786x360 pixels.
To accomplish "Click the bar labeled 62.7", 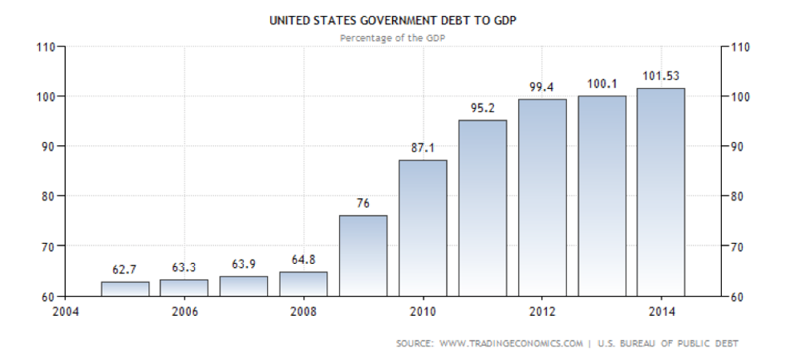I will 124,289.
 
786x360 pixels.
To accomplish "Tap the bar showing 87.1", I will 423,228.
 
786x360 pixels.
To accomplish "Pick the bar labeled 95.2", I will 482,208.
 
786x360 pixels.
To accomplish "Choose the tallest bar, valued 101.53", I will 661,192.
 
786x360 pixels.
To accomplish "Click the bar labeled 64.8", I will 303,284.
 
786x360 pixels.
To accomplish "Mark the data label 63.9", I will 244,263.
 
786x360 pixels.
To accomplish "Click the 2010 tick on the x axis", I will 423,310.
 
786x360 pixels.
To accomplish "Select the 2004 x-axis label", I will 67,310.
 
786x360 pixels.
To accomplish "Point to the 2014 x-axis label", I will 661,310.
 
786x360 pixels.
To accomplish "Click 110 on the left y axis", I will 44,47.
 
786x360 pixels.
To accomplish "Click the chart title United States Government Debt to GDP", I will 392,22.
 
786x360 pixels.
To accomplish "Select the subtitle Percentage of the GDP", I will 392,37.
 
